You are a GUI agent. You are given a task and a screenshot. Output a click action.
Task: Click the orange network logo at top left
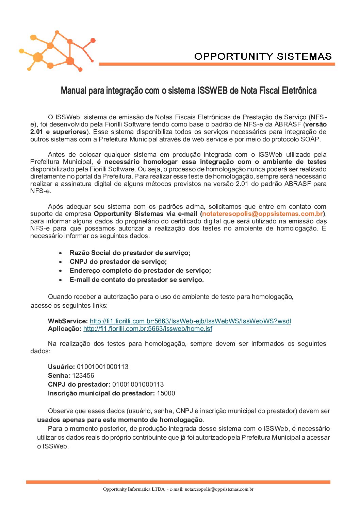(x=57, y=51)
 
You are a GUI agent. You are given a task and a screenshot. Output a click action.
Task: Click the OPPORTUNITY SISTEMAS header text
(x=263, y=56)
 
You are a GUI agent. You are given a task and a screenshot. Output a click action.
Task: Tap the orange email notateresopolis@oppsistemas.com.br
(x=262, y=214)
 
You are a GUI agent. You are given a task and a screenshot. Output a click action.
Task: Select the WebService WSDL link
(x=190, y=321)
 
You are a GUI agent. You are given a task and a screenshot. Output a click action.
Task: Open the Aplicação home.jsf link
(x=148, y=329)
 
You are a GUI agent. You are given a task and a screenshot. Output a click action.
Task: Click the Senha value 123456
(x=83, y=376)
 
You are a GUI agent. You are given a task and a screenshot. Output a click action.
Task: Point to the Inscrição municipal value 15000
(x=166, y=393)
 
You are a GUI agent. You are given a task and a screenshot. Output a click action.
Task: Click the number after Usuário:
(x=102, y=367)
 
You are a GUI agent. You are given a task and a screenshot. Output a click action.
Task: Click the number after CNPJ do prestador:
(x=138, y=385)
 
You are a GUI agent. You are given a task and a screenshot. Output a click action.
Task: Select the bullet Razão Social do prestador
(x=130, y=253)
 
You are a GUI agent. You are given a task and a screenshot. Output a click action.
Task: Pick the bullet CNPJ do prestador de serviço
(x=118, y=262)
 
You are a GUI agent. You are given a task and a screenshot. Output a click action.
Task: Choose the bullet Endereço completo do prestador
(x=140, y=271)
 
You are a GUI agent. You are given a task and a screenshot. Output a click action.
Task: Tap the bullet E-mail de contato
(x=136, y=280)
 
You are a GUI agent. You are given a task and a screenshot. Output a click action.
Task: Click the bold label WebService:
(x=68, y=321)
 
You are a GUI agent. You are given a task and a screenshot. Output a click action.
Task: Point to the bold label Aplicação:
(x=65, y=329)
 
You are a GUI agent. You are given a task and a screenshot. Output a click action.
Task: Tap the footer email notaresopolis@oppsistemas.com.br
(x=219, y=489)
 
